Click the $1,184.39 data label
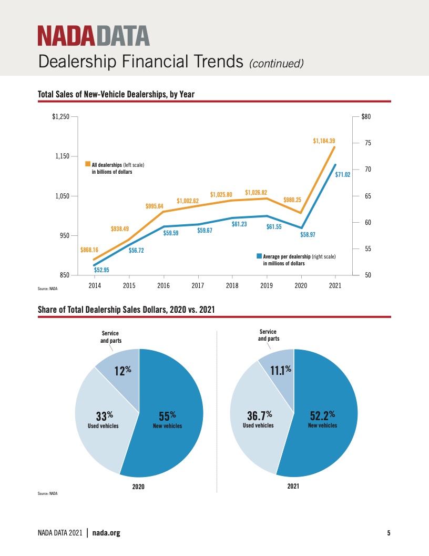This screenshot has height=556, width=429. point(324,141)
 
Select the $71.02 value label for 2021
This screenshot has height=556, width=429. point(343,174)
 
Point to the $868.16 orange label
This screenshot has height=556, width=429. point(89,250)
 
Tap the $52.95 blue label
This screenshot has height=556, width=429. point(101,270)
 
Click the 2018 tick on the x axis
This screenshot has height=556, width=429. point(232,285)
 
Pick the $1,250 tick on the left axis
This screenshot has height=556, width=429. point(60,116)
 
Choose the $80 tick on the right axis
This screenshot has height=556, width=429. point(366,116)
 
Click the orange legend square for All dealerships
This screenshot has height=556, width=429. point(88,164)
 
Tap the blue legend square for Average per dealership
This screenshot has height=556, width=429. point(259,256)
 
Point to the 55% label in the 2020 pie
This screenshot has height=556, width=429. point(167,415)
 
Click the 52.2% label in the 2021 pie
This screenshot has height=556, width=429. point(322,415)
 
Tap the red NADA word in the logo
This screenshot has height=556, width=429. point(66,36)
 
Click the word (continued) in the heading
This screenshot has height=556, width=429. point(277,64)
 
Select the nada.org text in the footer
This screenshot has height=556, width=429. point(106,533)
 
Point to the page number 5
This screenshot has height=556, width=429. point(389,533)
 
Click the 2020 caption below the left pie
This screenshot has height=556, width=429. point(138,486)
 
